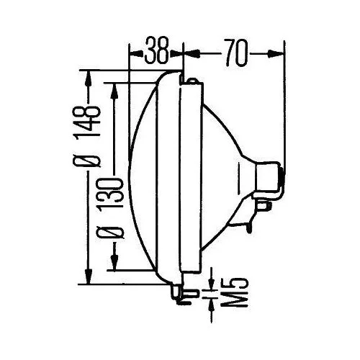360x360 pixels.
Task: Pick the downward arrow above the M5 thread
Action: tap(212, 277)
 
